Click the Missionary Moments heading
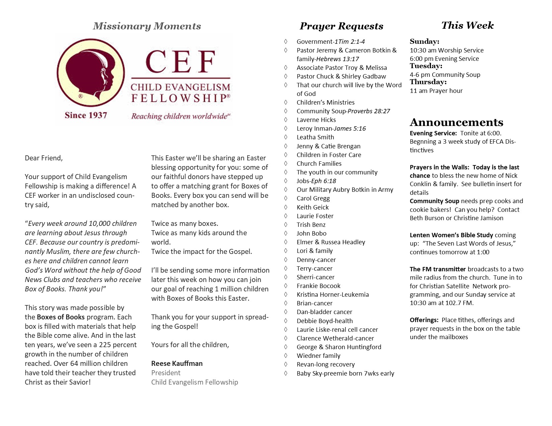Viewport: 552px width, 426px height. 147,26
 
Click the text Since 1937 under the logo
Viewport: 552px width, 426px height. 86,115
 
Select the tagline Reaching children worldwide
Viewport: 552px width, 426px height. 180,116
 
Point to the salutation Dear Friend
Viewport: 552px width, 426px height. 44,158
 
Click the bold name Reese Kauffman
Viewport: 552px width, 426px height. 177,364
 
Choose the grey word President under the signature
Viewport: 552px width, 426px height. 166,373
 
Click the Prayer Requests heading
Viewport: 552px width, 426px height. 341,26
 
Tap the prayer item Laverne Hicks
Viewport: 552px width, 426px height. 316,120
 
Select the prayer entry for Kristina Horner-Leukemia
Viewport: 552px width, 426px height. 333,295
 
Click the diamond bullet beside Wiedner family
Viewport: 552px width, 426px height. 286,356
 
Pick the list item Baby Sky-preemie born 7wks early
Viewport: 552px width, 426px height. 345,374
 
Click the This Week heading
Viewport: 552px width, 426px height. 467,25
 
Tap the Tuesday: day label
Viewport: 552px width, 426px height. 426,66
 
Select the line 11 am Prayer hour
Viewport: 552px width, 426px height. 436,91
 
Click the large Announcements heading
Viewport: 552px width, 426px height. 456,122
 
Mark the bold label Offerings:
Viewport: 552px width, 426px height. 424,320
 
